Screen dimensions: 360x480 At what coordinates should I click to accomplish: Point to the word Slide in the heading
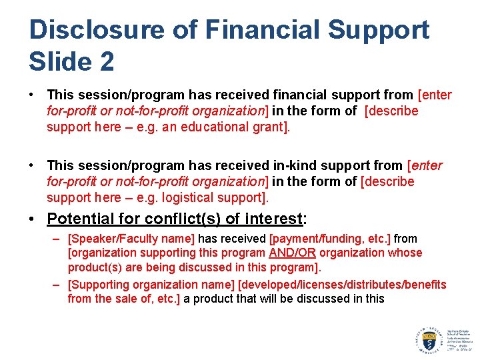pos(57,62)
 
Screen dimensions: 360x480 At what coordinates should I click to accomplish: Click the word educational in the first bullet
pos(217,127)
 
